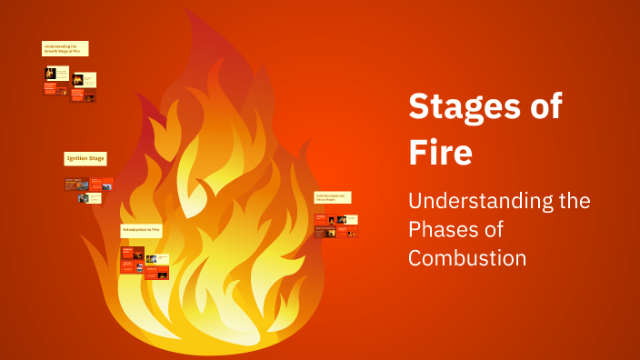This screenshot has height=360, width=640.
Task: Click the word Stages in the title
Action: click(x=463, y=107)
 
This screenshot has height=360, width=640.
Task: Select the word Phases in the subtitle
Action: click(x=444, y=229)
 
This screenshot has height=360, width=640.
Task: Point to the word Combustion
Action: click(x=467, y=257)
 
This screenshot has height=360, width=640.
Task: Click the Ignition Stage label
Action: click(x=85, y=158)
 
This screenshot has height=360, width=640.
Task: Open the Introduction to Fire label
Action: click(x=141, y=230)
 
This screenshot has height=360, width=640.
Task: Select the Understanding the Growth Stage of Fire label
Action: click(x=65, y=48)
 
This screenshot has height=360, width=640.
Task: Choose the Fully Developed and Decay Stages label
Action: click(x=333, y=197)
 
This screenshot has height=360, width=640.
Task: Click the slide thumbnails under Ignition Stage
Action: click(x=89, y=190)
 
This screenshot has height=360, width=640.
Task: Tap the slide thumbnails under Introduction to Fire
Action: click(x=144, y=261)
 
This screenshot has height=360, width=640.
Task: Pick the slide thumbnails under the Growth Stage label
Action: click(x=70, y=83)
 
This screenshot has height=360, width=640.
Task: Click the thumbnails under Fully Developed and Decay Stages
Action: click(x=336, y=225)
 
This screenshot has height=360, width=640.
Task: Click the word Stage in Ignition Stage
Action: click(x=96, y=158)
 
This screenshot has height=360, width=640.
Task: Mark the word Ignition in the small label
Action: click(x=76, y=158)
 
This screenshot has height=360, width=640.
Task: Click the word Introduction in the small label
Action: click(x=135, y=230)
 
